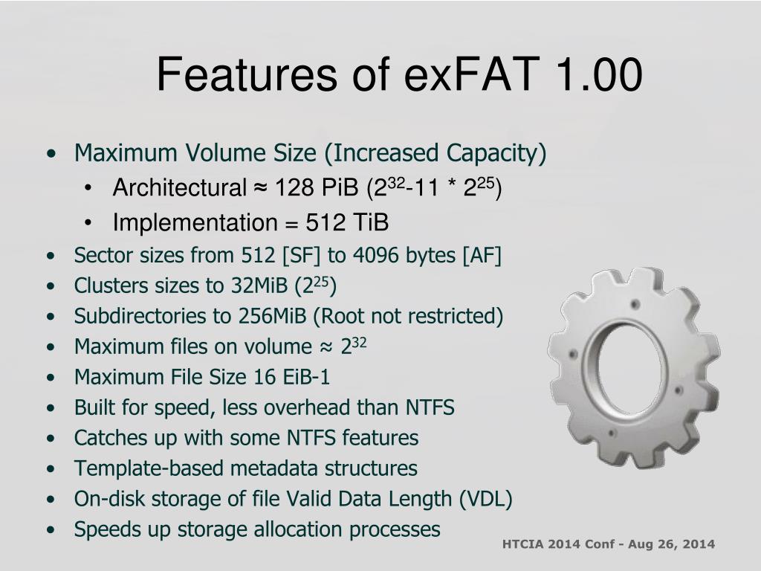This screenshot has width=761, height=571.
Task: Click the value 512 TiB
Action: [347, 222]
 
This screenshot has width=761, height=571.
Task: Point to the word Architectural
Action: [180, 187]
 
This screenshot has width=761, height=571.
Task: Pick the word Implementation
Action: [195, 223]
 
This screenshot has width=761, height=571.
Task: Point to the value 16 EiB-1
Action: [291, 377]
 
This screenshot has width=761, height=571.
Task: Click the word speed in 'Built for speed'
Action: [184, 408]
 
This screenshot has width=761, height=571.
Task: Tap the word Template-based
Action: [148, 468]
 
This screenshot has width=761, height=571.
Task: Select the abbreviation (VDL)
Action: [485, 499]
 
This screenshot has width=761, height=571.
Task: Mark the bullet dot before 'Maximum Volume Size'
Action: [51, 154]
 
